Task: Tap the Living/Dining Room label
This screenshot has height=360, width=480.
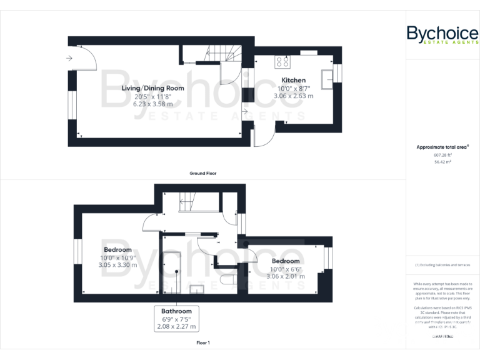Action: click(153, 88)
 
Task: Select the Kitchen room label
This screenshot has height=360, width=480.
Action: click(293, 80)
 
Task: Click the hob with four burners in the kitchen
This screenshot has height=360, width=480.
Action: click(282, 62)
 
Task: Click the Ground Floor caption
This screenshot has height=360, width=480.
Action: click(202, 173)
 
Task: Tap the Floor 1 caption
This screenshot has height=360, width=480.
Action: click(202, 343)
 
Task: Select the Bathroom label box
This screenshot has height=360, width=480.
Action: click(180, 318)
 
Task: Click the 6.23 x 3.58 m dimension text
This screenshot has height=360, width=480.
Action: click(153, 104)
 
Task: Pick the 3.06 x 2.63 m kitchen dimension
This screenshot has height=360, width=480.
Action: click(295, 96)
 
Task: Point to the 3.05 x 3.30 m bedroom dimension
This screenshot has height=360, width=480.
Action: click(117, 265)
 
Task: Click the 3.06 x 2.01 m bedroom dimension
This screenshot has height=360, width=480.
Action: click(285, 276)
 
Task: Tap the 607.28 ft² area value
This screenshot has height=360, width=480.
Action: click(442, 154)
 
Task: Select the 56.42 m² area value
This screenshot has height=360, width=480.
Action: click(442, 161)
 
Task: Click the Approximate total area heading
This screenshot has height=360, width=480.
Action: click(442, 147)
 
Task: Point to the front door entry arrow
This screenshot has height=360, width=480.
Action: click(68, 59)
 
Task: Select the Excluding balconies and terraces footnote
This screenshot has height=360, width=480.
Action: click(442, 265)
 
